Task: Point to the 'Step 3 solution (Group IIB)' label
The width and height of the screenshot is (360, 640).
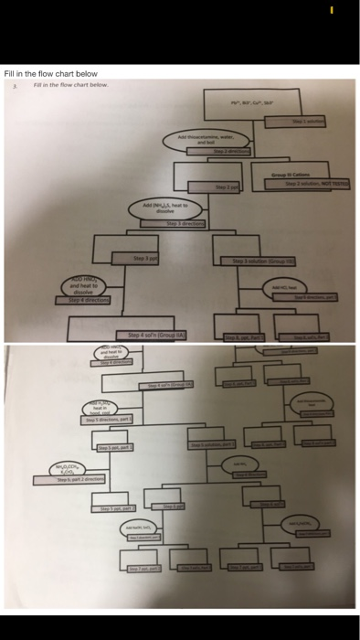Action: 264,261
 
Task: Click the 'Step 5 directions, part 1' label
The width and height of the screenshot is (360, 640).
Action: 109,419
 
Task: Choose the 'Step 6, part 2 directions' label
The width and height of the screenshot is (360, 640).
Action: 80,478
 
